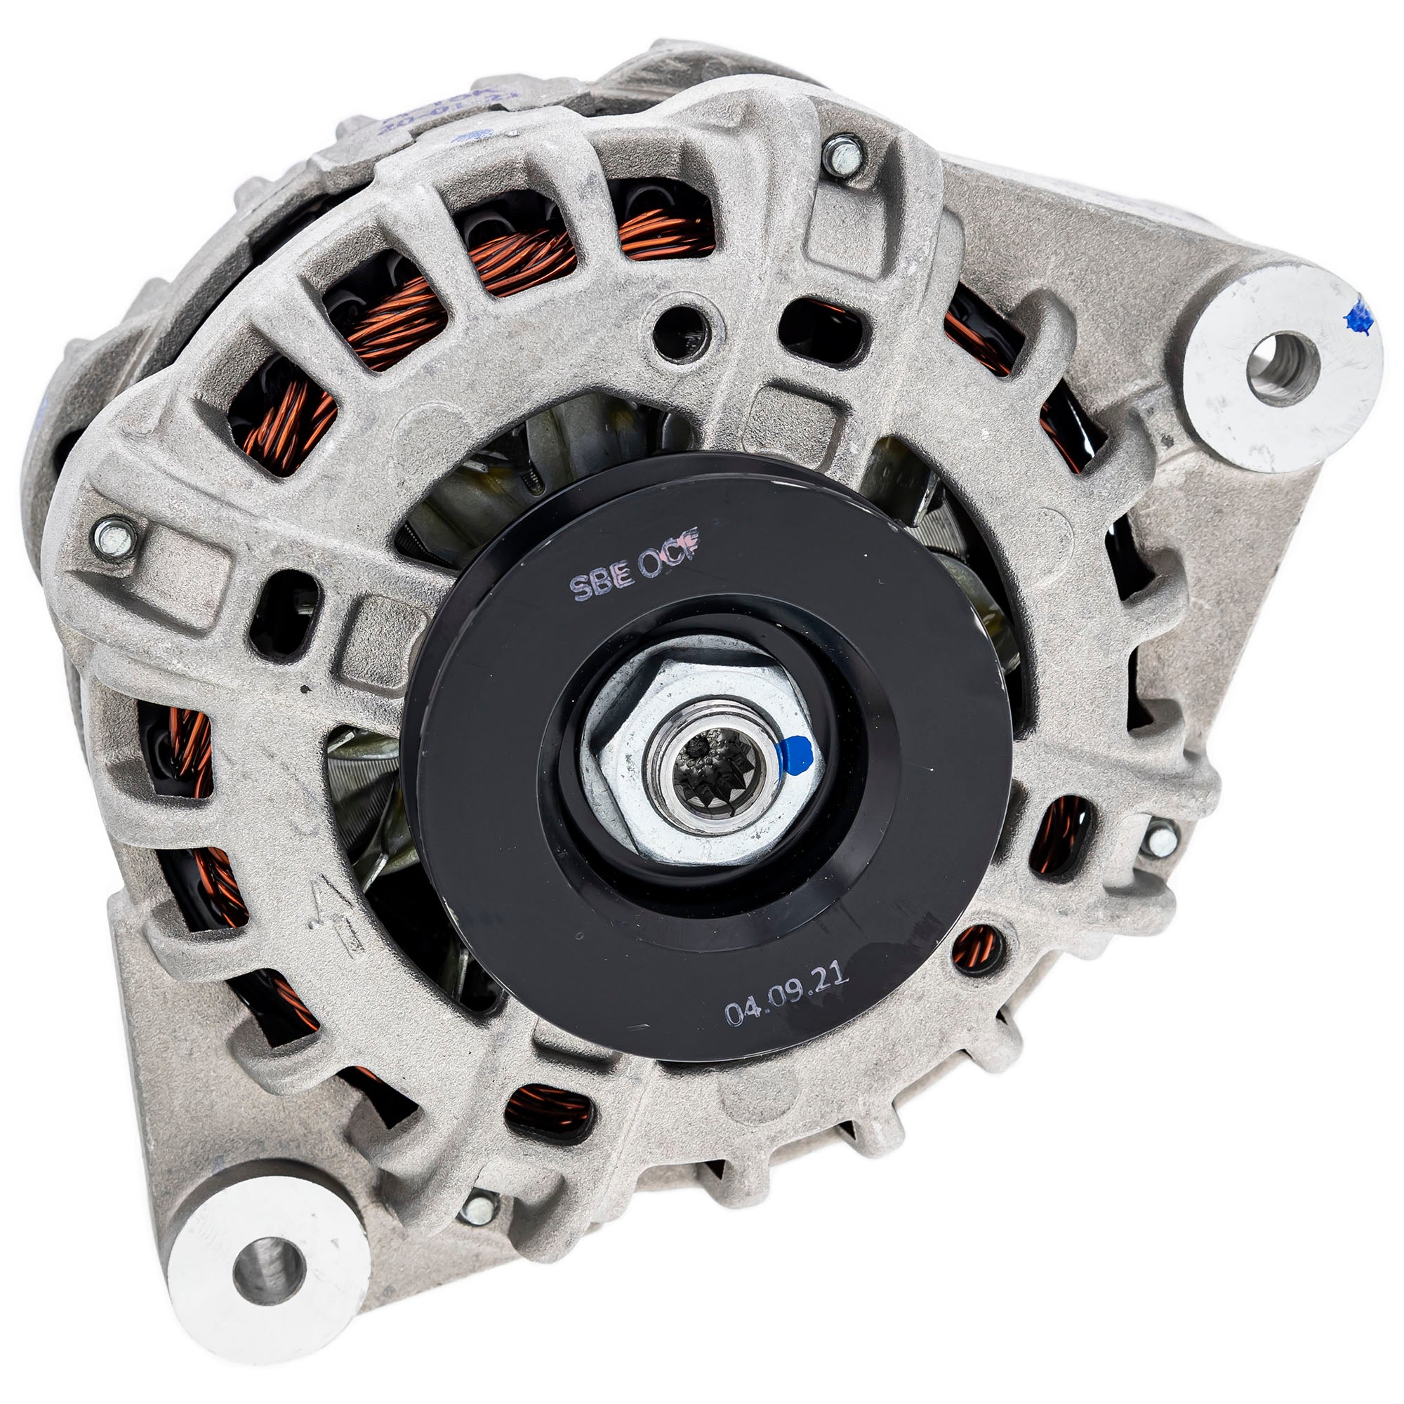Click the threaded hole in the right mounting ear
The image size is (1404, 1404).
[1282, 368]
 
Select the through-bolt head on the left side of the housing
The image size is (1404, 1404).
[114, 538]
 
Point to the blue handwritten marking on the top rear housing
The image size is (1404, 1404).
[451, 109]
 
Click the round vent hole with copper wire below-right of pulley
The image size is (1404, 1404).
[976, 949]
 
